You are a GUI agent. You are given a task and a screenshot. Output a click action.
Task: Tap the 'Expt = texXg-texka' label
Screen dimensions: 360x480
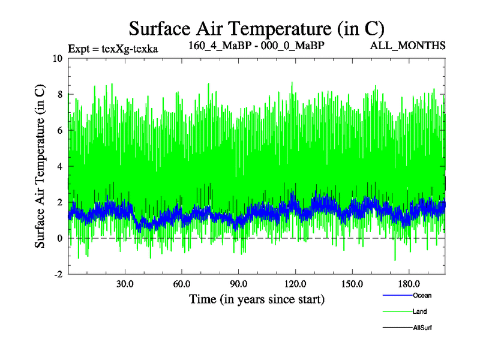(113, 49)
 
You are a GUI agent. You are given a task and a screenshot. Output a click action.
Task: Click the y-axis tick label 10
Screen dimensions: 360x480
(57, 59)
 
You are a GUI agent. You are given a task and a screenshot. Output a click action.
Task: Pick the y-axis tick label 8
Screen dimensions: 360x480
(59, 94)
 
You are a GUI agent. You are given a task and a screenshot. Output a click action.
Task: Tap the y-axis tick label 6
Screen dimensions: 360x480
(59, 130)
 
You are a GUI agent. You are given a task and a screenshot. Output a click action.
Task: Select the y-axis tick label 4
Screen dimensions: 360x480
(59, 166)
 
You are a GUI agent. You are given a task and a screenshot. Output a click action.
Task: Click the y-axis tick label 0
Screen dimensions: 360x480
(59, 238)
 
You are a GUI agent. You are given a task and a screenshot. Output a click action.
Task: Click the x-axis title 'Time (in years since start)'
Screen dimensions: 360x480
(257, 298)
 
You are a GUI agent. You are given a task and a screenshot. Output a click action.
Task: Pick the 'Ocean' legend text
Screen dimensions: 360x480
(422, 295)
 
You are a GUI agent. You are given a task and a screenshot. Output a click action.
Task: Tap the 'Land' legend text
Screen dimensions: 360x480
(420, 311)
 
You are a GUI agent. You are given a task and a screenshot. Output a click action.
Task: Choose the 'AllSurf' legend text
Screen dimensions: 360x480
(422, 328)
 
